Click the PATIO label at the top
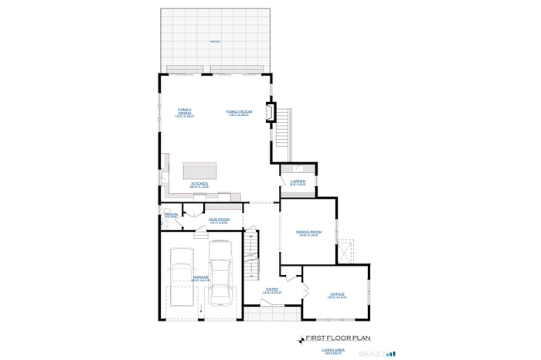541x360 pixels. [214, 42]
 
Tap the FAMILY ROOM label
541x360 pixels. [239, 113]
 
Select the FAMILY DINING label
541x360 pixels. [185, 113]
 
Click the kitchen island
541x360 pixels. [199, 170]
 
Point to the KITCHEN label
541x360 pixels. [199, 185]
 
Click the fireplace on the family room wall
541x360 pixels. [270, 113]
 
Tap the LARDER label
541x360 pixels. [298, 182]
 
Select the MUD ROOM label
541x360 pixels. [219, 220]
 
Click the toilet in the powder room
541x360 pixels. [165, 219]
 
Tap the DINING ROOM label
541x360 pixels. [308, 233]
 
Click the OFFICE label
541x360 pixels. [337, 294]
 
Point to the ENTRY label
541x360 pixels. [272, 290]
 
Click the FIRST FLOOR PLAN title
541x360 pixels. [339, 338]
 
